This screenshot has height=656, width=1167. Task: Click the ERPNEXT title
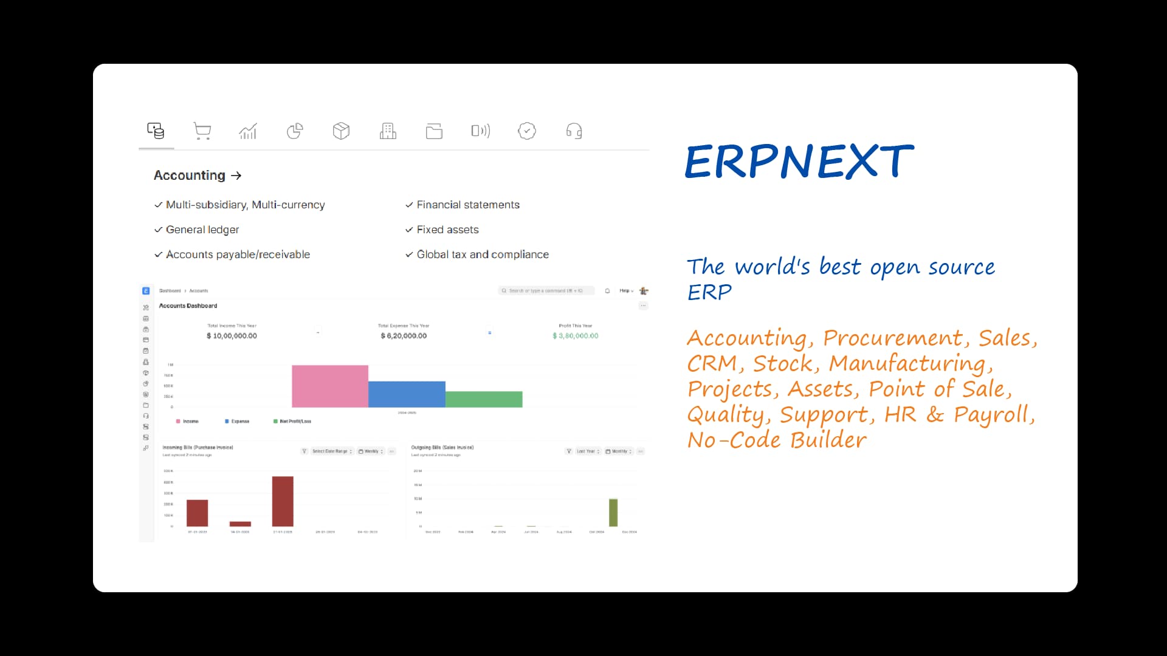coord(799,162)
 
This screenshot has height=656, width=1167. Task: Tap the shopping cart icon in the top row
coord(202,131)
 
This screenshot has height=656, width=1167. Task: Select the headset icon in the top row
coord(574,131)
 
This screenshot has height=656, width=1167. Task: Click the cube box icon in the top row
coord(341,131)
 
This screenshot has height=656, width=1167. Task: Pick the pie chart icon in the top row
coord(295,131)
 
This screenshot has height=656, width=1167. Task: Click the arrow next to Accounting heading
coord(236,176)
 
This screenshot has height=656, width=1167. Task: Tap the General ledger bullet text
coord(202,230)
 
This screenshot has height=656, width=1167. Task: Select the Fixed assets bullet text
coord(447,230)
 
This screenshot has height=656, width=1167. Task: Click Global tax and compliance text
coord(483,255)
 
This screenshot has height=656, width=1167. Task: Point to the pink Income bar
coord(329,386)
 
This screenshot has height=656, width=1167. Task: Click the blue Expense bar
coord(407,394)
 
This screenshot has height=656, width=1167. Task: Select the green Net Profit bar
coord(484,399)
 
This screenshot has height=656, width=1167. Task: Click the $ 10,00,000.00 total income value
coord(232,336)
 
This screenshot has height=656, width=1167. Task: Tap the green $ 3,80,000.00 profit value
coord(575,336)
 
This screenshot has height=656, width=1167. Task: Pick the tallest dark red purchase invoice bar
coord(283,501)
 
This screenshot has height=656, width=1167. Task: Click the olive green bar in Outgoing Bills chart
coord(613,513)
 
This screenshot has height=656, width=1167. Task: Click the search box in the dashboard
coord(545,291)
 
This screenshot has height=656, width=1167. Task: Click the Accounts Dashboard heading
coord(188,306)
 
